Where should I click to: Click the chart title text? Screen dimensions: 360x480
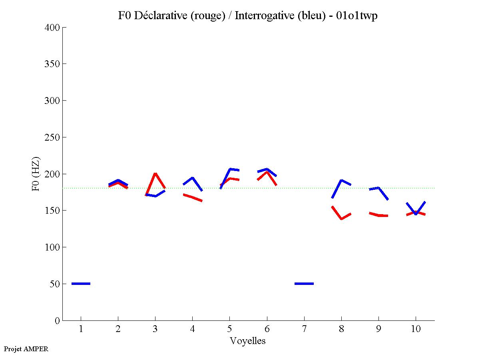tap(248, 16)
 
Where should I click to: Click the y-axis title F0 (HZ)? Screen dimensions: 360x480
tap(36, 173)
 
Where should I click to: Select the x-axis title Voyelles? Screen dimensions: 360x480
tap(248, 341)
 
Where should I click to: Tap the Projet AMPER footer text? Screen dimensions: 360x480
tap(26, 349)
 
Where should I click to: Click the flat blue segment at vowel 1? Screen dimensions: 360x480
tap(81, 284)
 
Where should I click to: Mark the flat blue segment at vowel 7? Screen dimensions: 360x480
tap(304, 284)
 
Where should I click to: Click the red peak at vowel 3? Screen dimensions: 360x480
tap(155, 174)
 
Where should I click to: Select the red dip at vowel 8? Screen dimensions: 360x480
tap(341, 218)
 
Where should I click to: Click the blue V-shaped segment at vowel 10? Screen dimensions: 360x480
tap(416, 213)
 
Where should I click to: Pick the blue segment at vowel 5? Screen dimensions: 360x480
tap(230, 169)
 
